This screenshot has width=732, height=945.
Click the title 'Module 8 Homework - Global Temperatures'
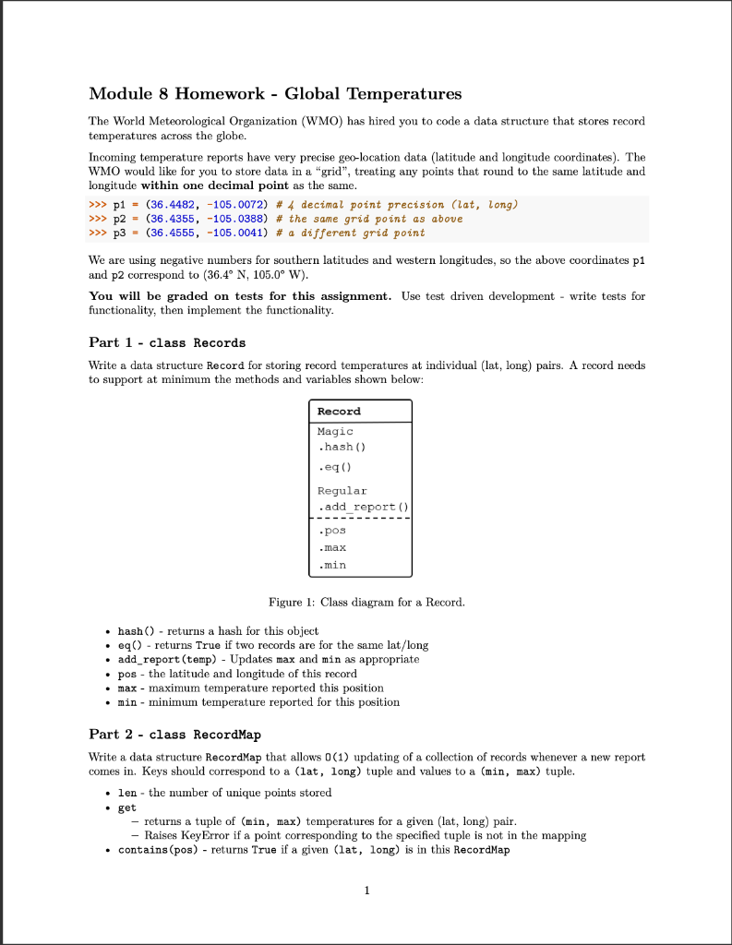click(x=275, y=94)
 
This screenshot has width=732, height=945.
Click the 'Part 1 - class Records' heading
click(x=167, y=342)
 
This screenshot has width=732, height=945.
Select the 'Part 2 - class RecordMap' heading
click(x=174, y=735)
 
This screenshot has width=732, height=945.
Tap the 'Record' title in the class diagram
click(x=339, y=411)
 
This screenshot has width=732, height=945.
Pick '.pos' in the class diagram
click(x=331, y=531)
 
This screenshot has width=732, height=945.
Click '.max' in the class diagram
click(x=331, y=547)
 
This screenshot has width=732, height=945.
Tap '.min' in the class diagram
click(x=331, y=564)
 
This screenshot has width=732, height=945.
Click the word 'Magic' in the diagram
click(x=335, y=431)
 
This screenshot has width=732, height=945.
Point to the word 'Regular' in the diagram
click(x=342, y=491)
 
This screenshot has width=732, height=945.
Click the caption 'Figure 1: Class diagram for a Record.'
click(x=366, y=603)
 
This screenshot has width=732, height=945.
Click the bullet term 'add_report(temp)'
click(x=165, y=660)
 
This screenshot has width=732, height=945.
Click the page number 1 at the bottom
click(x=366, y=891)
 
